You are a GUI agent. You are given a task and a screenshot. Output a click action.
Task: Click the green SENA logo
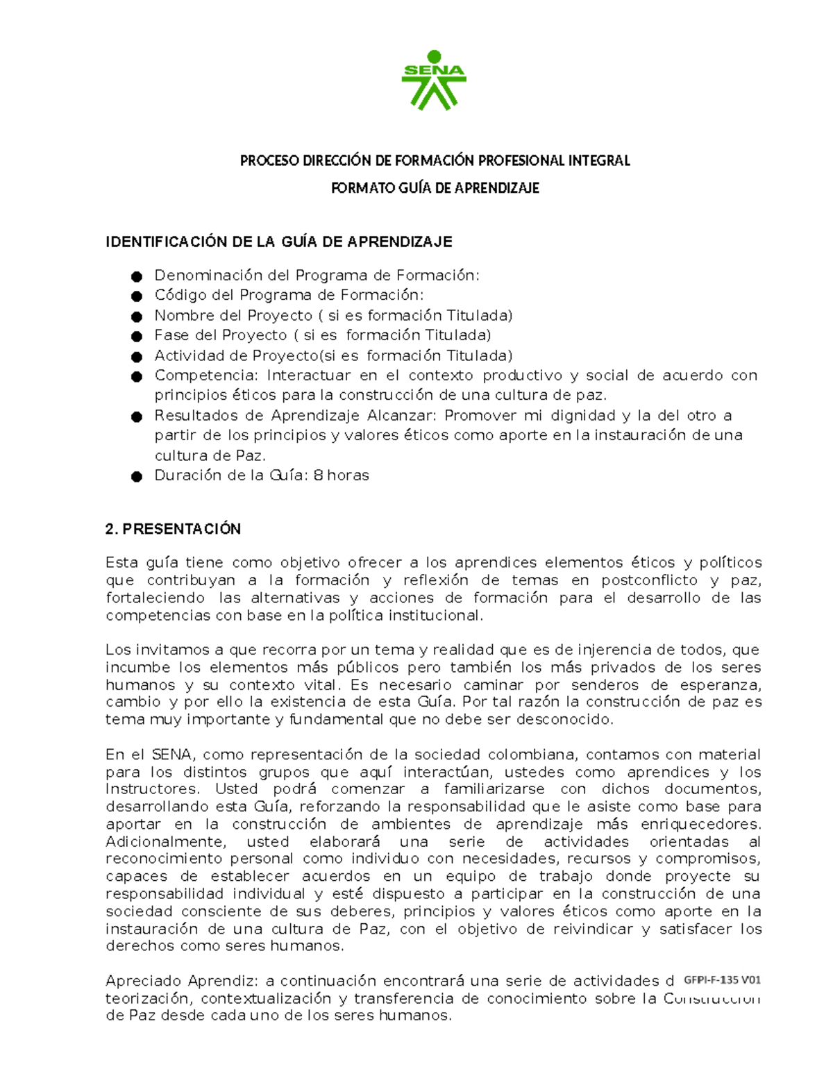[434, 81]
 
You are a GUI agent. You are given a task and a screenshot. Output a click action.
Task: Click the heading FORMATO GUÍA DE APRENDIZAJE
[435, 188]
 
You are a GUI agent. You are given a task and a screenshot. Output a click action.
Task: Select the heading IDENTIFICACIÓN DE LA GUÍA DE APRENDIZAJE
[278, 242]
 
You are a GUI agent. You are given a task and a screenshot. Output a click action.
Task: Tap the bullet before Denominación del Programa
[137, 276]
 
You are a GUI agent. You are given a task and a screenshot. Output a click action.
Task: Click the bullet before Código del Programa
[137, 296]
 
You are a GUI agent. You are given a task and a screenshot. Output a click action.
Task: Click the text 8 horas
[341, 475]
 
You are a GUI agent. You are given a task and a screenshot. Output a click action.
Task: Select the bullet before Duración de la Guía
[137, 476]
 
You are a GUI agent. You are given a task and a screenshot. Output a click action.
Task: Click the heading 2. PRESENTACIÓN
[173, 529]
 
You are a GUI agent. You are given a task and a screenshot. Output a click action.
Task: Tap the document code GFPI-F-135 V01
[722, 980]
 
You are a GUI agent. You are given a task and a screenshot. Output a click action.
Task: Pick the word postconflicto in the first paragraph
[649, 580]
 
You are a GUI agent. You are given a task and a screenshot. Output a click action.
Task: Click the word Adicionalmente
[165, 842]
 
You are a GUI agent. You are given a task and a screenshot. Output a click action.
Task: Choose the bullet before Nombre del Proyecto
[137, 317]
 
